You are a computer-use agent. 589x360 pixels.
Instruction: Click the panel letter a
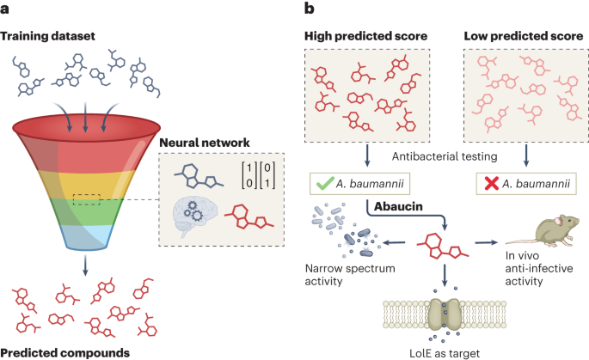(x=7, y=11)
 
